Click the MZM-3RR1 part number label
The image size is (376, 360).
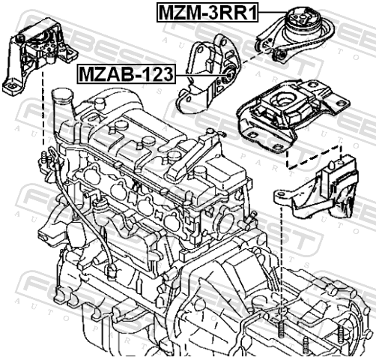pos(207,12)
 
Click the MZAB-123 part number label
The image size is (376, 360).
pos(127,74)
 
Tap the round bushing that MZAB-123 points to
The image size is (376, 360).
pos(228,74)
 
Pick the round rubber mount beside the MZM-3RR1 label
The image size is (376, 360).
pos(303,20)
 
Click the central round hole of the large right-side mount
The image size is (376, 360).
pos(283,99)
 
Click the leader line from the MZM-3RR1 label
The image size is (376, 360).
pos(273,12)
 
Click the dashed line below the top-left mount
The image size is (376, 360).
pos(43,108)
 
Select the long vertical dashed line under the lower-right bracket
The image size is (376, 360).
pos(282,263)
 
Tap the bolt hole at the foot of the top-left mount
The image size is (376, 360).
pos(11,87)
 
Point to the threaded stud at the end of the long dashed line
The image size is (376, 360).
pos(281,329)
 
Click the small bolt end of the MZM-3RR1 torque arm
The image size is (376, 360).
pos(282,55)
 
